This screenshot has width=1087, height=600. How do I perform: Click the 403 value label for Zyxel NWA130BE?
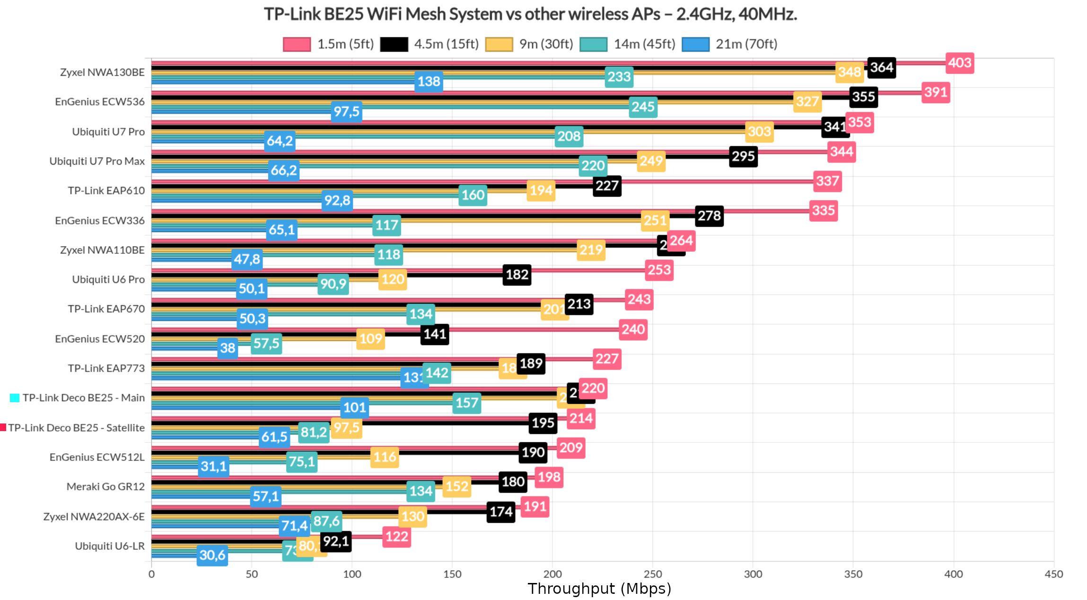click(959, 63)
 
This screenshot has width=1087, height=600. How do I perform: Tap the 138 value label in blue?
click(429, 81)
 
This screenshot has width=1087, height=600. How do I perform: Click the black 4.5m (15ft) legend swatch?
click(394, 44)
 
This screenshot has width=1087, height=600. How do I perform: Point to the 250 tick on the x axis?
click(653, 574)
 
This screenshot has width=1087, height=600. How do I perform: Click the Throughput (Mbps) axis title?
click(599, 589)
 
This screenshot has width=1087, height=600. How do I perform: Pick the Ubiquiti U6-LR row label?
click(110, 546)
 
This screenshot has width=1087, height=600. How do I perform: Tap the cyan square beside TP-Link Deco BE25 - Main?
click(15, 398)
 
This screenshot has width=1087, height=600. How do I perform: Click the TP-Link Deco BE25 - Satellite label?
click(76, 428)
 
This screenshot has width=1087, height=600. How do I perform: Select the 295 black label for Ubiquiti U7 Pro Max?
click(743, 157)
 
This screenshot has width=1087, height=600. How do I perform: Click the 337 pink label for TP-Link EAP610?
click(827, 181)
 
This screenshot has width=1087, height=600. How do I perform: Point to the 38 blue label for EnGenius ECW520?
click(228, 348)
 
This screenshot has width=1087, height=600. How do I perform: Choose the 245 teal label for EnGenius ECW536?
click(643, 107)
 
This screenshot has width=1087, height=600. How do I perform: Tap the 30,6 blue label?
click(212, 555)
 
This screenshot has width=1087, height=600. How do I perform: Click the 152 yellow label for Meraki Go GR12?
click(456, 486)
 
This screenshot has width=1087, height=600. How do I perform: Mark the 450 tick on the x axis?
click(1053, 574)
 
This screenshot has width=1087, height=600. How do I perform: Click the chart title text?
click(530, 14)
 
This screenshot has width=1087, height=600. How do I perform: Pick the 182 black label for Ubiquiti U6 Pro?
click(517, 275)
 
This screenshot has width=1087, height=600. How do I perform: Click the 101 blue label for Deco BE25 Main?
click(354, 407)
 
